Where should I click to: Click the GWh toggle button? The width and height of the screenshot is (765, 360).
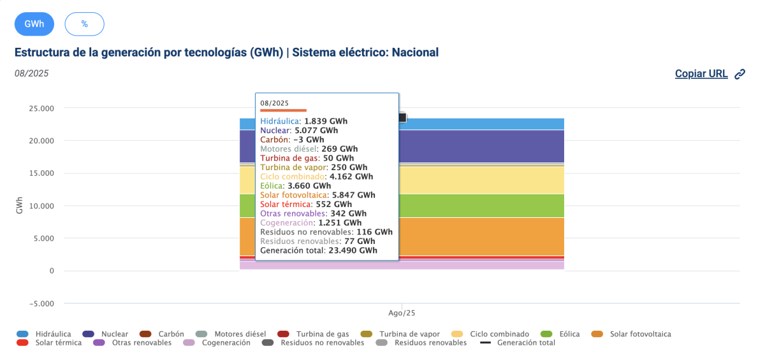(x=34, y=24)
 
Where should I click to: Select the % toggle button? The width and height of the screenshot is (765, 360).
(x=84, y=24)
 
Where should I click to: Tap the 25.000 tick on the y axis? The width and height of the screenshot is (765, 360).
(x=41, y=108)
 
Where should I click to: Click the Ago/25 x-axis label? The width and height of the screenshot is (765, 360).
(x=402, y=313)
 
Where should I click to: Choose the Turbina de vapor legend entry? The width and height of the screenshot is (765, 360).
(x=408, y=334)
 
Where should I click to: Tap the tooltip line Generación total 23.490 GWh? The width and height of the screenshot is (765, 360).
(x=318, y=250)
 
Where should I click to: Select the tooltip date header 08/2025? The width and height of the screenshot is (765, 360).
(x=275, y=103)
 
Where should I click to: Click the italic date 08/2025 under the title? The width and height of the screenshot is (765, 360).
(x=31, y=73)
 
